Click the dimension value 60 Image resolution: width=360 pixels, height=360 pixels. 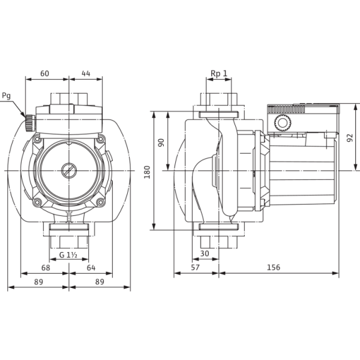point(45,73)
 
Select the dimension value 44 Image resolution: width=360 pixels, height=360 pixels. point(86,73)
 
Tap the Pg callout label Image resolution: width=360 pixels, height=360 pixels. point(7,96)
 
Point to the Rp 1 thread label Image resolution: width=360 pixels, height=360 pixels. point(219,73)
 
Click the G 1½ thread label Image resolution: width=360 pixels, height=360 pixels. point(68,255)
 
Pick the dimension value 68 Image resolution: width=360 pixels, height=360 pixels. point(46,268)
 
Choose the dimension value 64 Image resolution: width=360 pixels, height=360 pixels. point(91,268)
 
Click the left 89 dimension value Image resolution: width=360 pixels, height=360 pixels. point(38,282)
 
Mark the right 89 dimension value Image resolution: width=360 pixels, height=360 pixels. point(100,282)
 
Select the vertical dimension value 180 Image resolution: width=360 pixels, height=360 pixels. point(147,172)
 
